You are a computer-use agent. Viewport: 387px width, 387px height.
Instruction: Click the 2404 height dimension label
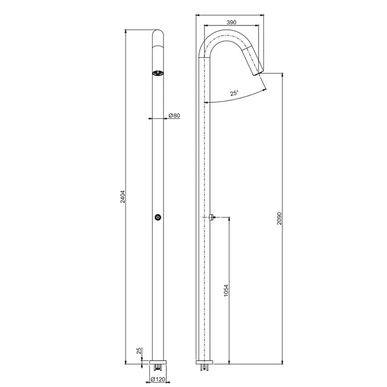click(123, 197)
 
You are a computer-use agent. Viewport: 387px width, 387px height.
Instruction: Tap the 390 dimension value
click(231, 22)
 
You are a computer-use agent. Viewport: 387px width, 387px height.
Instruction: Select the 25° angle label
click(234, 93)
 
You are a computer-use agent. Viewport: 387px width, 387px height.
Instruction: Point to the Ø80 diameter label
click(174, 115)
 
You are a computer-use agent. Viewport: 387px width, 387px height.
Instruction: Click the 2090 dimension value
click(279, 218)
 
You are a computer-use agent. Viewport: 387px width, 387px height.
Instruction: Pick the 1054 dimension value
click(226, 290)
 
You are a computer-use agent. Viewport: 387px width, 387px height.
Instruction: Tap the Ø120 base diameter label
click(158, 379)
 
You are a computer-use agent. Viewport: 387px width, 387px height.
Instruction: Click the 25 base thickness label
click(139, 351)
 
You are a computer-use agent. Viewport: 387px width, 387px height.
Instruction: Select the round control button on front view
click(158, 217)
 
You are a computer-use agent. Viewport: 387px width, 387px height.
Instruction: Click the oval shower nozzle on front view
click(158, 73)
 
